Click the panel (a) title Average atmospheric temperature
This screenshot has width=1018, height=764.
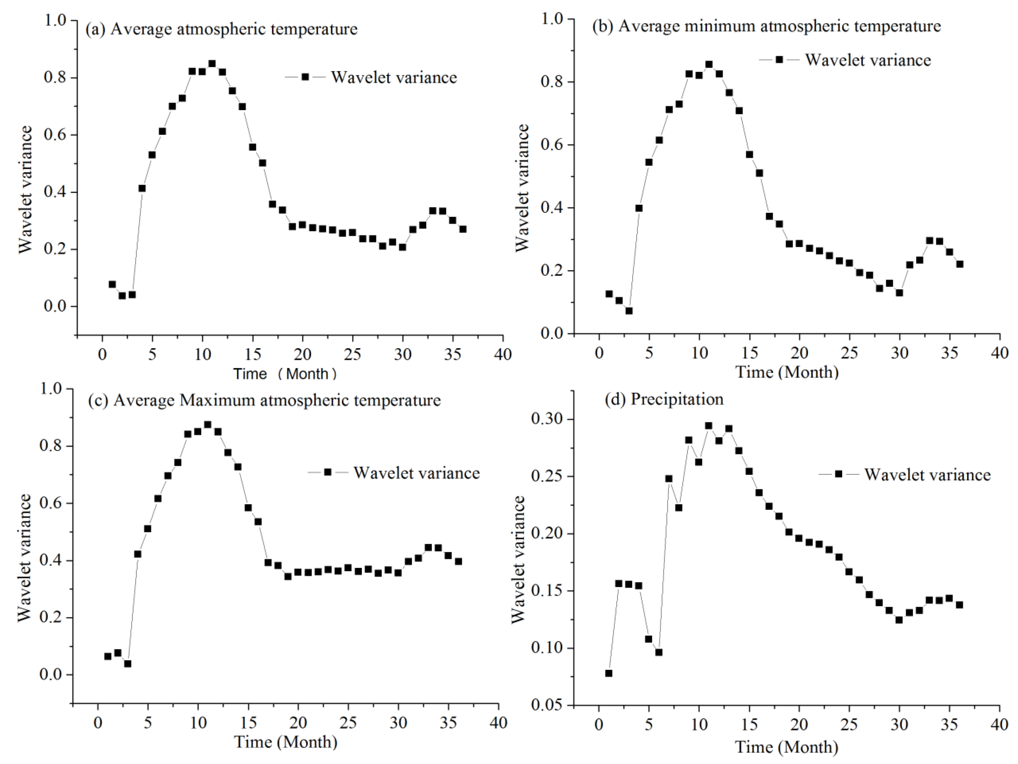221,29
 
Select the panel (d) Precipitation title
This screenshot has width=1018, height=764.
664,398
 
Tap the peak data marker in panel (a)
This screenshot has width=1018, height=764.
212,64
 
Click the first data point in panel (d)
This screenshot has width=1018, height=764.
609,673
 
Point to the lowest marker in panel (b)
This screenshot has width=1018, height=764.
629,311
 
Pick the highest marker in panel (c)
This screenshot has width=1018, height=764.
208,424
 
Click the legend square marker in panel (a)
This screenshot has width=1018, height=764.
305,77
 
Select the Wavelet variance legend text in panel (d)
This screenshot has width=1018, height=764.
927,475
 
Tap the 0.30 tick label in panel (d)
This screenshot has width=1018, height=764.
548,419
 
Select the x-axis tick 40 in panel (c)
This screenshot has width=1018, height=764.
498,723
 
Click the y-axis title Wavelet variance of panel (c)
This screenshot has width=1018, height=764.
24,558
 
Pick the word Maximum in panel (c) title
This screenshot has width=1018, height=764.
217,400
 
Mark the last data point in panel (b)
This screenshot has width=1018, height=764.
960,264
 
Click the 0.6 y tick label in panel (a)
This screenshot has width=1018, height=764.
54,135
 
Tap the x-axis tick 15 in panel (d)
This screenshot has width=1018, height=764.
749,724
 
